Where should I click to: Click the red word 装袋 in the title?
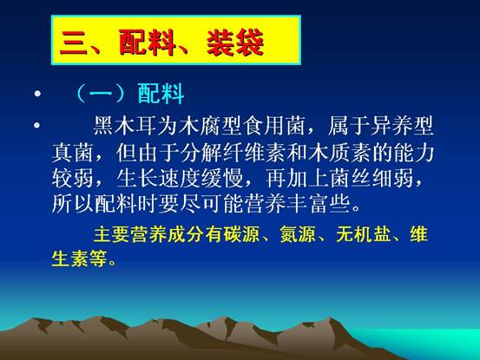click(235, 43)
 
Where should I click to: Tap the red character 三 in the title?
click(74, 43)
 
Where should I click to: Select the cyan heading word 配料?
click(161, 94)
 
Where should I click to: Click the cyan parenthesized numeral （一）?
click(100, 94)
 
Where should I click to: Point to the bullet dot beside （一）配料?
click(37, 94)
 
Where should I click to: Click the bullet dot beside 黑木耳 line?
click(36, 125)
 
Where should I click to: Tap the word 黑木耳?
click(125, 126)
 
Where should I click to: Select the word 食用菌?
click(274, 126)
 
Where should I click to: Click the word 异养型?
click(402, 126)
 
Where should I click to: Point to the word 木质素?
click(339, 152)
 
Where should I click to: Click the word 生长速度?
click(158, 178)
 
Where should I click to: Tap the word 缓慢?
click(222, 178)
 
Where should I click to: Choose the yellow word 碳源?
click(241, 234)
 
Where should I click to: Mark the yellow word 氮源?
click(298, 234)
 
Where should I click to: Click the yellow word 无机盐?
click(363, 234)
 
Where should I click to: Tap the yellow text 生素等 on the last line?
click(79, 259)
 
